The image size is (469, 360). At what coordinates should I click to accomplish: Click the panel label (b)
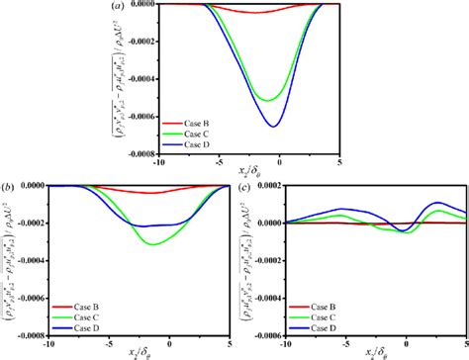tap(8, 185)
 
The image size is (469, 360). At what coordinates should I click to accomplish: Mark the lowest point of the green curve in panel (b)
tap(150, 243)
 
